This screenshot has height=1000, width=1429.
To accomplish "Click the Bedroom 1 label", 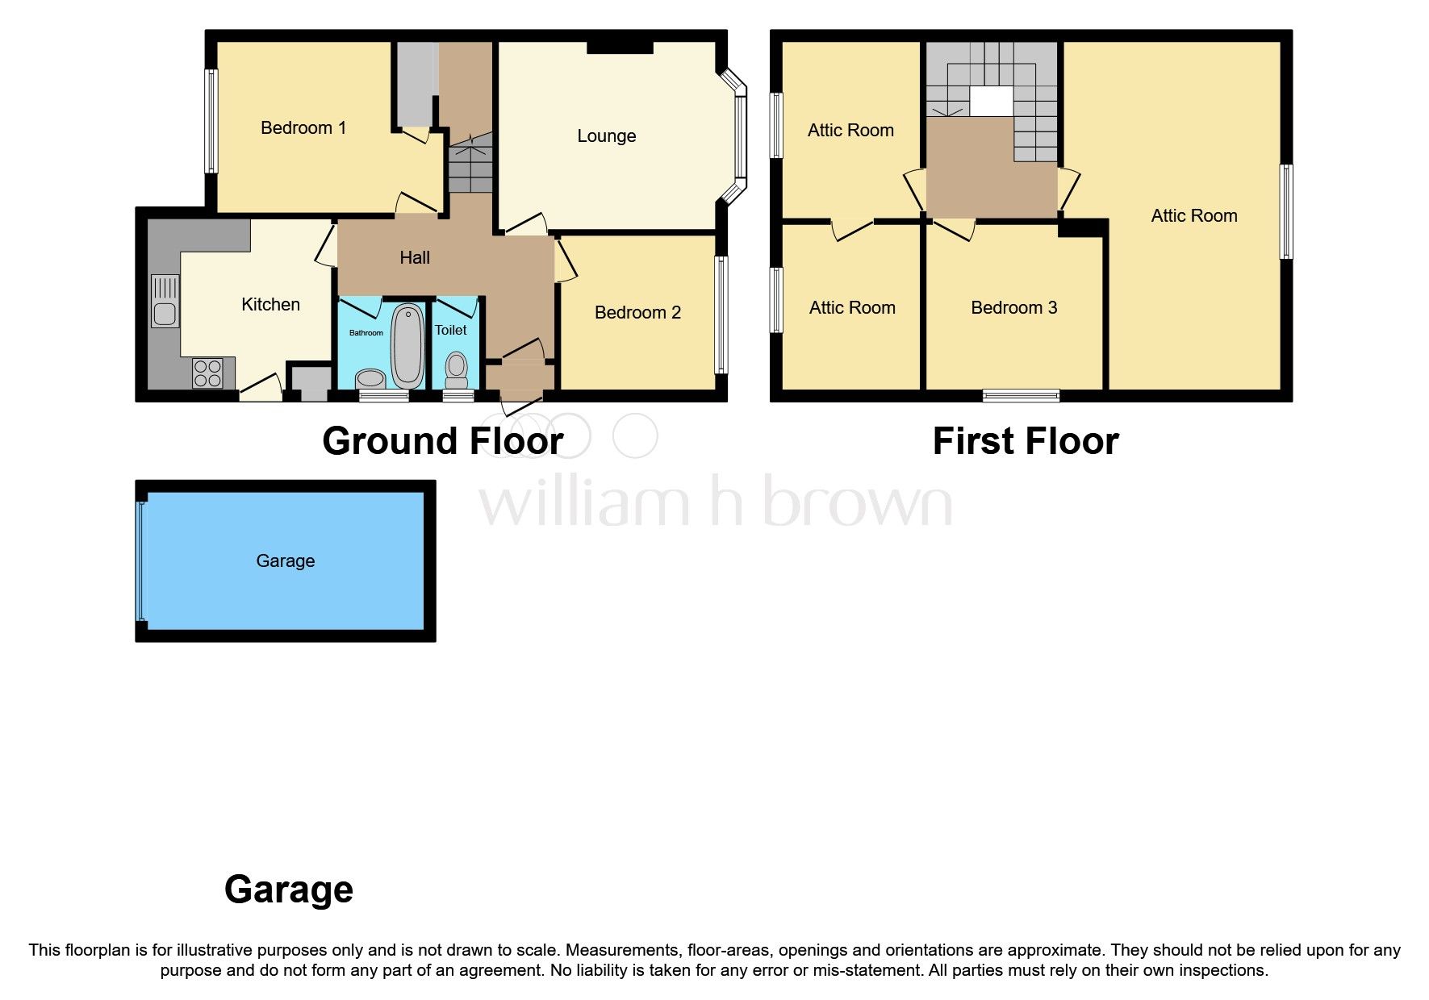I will point(303,127).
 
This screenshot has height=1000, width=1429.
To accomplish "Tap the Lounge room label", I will point(606,136).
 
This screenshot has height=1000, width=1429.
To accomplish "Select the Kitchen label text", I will point(270,304).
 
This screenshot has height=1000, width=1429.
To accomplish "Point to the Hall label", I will point(415,257).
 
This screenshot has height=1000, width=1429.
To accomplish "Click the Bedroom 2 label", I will point(637,312).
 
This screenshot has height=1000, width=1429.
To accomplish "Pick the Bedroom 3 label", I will point(1013,307).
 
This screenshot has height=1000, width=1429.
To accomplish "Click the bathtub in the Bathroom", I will point(407,344).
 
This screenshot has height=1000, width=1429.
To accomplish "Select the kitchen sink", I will point(165,301).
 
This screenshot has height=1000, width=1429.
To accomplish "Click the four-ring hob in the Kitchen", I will point(207,373).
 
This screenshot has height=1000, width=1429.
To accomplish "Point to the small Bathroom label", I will point(366,332).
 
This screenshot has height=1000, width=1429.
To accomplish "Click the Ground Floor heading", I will point(442,441).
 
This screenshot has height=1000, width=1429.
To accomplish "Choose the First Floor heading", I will point(1026,441).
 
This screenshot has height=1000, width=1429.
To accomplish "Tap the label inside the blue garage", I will point(286,560).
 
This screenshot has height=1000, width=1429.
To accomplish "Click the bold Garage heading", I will point(289,889).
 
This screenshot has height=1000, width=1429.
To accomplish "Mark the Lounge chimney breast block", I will point(620,48).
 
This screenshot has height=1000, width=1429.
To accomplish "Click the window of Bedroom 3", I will point(1021,395).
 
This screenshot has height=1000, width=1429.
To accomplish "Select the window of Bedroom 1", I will point(211,121).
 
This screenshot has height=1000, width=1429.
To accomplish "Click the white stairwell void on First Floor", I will point(990,101).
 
